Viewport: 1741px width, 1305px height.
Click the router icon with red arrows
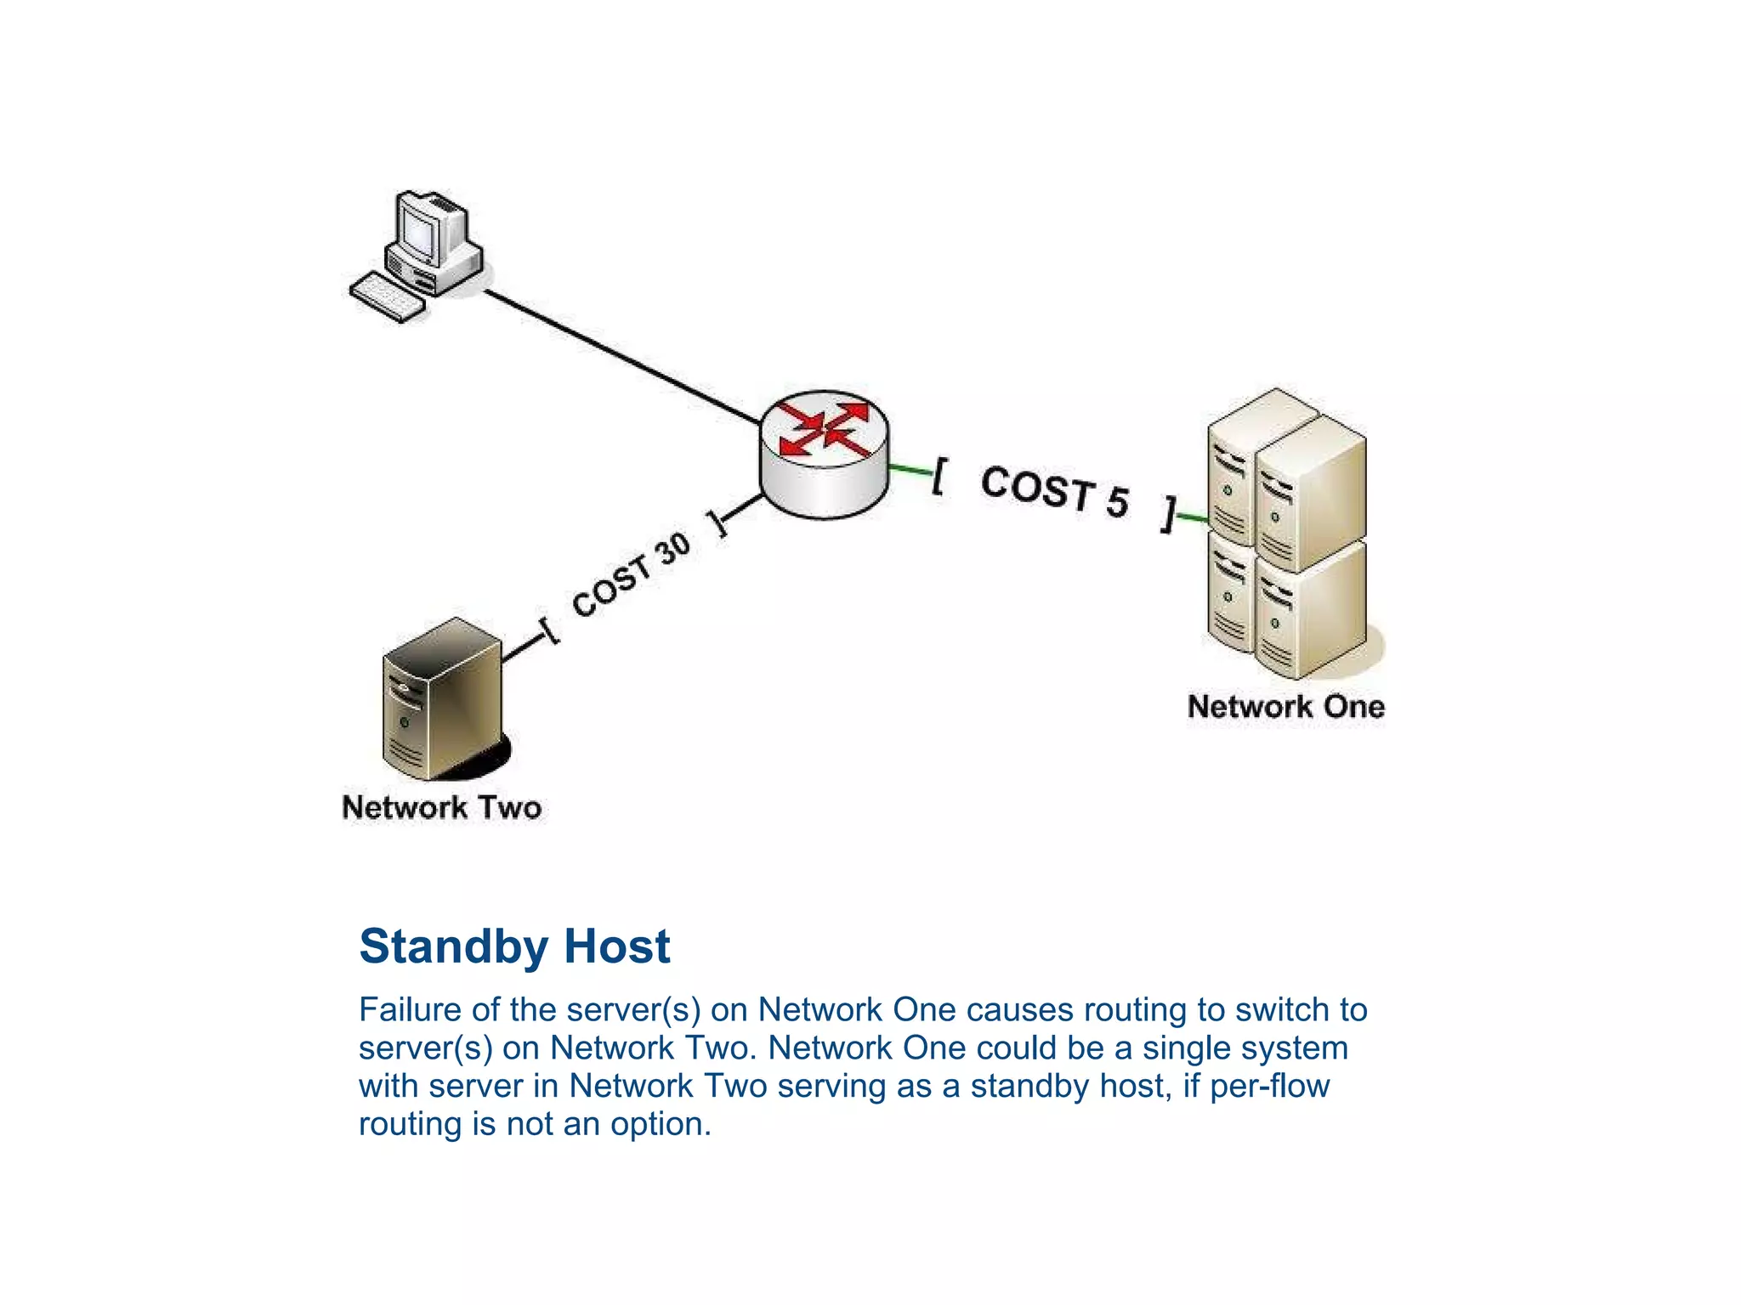tap(823, 455)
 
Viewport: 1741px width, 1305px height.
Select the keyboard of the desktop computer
tap(387, 297)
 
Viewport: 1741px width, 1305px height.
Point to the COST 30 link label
tap(631, 575)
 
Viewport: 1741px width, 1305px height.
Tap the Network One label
tap(1285, 707)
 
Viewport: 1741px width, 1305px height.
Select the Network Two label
tap(441, 807)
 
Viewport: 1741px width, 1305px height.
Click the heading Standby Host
tap(514, 946)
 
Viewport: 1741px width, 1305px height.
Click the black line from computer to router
tap(621, 357)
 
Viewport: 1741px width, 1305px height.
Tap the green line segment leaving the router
tap(910, 469)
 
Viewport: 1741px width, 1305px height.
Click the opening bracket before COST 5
tap(939, 476)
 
